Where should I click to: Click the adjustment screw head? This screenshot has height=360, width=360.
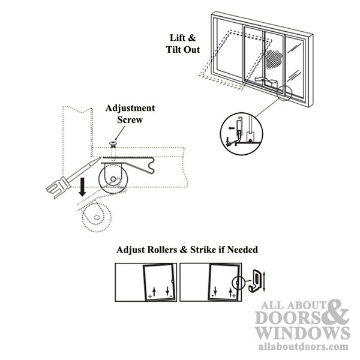pyautogui.click(x=113, y=144)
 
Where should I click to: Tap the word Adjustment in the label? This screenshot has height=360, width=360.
pyautogui.click(x=130, y=108)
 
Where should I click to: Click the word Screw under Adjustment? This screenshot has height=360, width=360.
pyautogui.click(x=130, y=120)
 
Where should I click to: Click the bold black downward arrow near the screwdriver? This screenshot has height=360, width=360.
pyautogui.click(x=82, y=187)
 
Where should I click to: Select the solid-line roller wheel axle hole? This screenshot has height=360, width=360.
pyautogui.click(x=113, y=179)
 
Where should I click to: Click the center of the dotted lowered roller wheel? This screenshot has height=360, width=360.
pyautogui.click(x=97, y=217)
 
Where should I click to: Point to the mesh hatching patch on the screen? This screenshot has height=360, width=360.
pyautogui.click(x=274, y=59)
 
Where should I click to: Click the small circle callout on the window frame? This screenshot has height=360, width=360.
pyautogui.click(x=284, y=93)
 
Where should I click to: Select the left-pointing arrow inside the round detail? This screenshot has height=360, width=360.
pyautogui.click(x=232, y=128)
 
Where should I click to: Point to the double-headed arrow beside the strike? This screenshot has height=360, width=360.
pyautogui.click(x=264, y=281)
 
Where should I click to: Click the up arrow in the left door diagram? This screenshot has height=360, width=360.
pyautogui.click(x=154, y=292)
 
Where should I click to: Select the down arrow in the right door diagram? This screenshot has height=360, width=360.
pyautogui.click(x=215, y=290)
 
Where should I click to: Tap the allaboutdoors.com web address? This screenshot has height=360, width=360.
pyautogui.click(x=303, y=346)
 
